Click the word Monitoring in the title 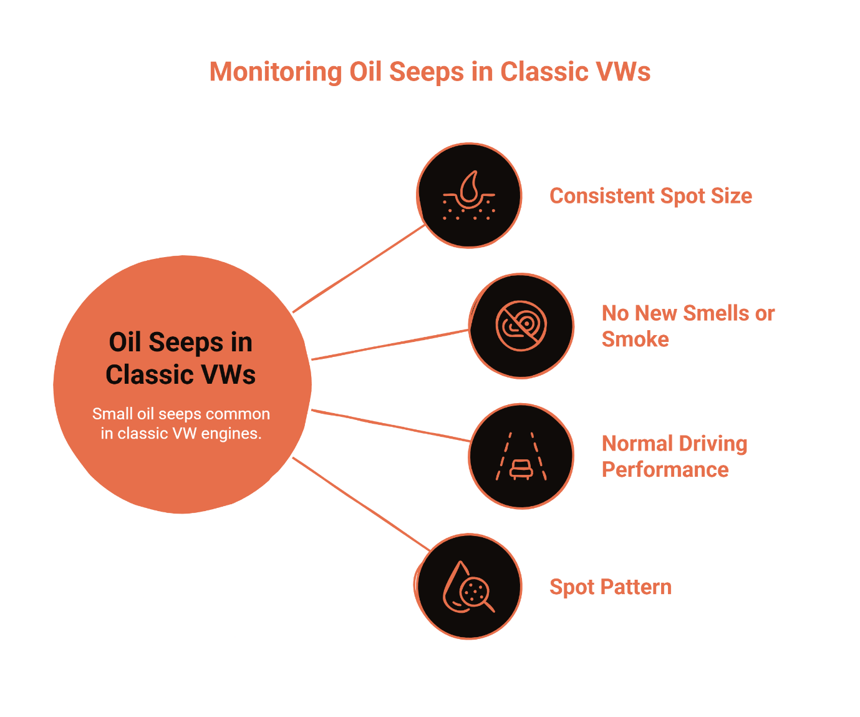(275, 72)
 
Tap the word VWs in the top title (623, 72)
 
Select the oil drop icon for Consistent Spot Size (469, 195)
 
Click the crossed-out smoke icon (521, 326)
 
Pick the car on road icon (521, 456)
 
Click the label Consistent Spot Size (650, 196)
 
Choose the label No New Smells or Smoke (687, 326)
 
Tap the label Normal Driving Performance (674, 456)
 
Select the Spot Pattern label (610, 587)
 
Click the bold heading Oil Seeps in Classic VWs (181, 358)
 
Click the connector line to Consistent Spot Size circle (359, 268)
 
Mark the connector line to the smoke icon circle (390, 344)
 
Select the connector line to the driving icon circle (390, 426)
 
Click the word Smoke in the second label (635, 339)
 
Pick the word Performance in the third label (665, 470)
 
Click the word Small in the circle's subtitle (113, 414)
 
